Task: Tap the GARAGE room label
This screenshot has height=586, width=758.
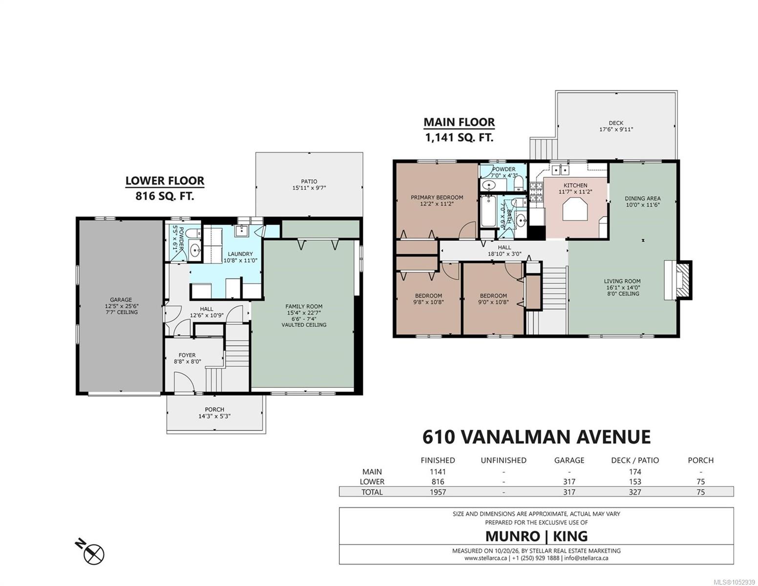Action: (x=121, y=299)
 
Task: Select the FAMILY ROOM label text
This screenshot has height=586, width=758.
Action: (x=304, y=306)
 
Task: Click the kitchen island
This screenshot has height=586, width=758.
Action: (x=575, y=209)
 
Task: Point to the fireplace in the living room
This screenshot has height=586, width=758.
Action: (x=677, y=280)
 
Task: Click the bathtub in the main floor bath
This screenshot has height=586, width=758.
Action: (x=487, y=211)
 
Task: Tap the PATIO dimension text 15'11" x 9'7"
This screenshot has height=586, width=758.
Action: (x=309, y=188)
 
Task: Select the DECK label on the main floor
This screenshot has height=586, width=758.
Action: (x=616, y=123)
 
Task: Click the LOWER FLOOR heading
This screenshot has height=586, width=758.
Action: (x=165, y=181)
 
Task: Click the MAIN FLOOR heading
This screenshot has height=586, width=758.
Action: (x=459, y=122)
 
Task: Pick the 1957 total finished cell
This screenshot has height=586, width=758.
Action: (x=438, y=492)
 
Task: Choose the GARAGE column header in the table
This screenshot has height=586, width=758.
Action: (x=569, y=460)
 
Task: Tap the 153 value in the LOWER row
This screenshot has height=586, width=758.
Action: (x=635, y=481)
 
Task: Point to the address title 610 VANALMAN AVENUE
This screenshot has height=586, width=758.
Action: (x=536, y=437)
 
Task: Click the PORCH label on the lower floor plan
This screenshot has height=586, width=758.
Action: (x=214, y=409)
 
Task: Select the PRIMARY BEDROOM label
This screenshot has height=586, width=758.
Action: (x=437, y=197)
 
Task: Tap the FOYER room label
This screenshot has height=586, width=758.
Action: (x=187, y=355)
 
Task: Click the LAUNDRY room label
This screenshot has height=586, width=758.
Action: (x=240, y=254)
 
